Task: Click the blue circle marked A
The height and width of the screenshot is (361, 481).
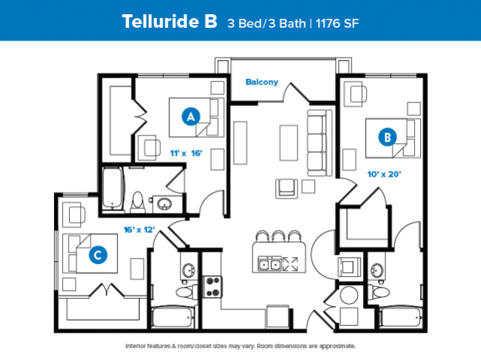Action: (191, 117)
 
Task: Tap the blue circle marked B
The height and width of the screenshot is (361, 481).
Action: (388, 137)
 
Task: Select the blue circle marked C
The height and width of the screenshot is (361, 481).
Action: (98, 255)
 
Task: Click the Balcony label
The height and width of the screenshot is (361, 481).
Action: (262, 82)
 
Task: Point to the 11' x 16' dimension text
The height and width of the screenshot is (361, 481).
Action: (186, 153)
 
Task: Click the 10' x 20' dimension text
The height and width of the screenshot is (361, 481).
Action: (384, 174)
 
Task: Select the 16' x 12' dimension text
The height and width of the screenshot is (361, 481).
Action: (139, 229)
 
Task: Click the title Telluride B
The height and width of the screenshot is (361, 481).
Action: (170, 21)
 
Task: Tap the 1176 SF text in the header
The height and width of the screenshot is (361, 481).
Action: (337, 23)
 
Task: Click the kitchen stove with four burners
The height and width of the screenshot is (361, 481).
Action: (213, 287)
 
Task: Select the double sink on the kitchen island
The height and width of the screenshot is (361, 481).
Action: (270, 264)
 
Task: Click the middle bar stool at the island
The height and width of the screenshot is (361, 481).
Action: (278, 236)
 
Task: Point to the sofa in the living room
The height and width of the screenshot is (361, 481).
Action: (319, 143)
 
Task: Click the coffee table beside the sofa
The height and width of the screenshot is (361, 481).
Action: (289, 143)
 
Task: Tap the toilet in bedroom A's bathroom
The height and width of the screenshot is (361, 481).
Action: (138, 202)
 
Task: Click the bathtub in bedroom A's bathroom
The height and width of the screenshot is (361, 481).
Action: (112, 188)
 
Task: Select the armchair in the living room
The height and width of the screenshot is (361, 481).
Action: (286, 188)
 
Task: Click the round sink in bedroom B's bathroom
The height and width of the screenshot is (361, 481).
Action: (377, 270)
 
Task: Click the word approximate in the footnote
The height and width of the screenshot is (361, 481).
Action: (337, 346)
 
